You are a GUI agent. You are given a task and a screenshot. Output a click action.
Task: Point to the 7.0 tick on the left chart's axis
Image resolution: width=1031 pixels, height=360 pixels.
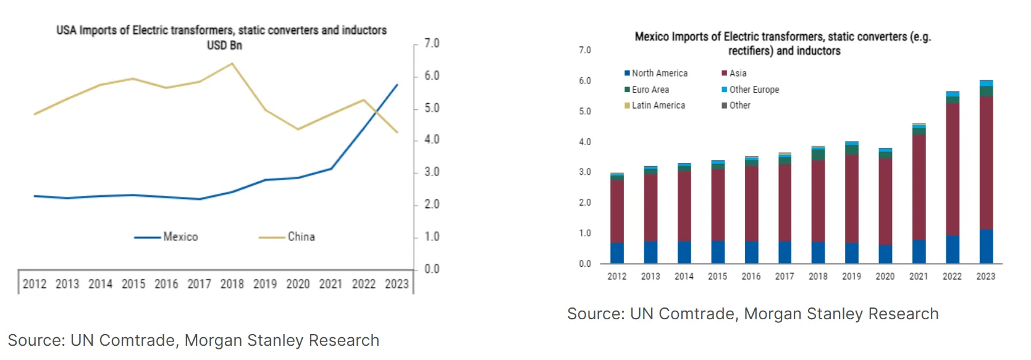pos(431,43)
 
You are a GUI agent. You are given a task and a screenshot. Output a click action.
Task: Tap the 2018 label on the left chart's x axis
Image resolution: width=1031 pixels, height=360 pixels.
pos(232,284)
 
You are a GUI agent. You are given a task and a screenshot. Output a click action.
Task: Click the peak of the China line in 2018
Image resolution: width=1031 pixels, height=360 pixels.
pos(232,64)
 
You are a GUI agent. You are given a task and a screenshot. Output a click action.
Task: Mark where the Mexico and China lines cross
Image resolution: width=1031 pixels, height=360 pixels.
pos(376,112)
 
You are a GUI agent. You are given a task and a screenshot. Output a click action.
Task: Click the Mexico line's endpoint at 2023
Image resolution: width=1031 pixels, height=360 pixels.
pos(397,85)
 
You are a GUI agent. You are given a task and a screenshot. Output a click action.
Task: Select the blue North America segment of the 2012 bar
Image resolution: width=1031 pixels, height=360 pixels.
pos(616,253)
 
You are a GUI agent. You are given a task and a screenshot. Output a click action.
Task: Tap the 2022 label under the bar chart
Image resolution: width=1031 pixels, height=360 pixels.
pos(952,277)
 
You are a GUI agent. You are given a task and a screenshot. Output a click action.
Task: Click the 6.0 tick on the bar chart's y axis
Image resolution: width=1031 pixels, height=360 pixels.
pos(584,81)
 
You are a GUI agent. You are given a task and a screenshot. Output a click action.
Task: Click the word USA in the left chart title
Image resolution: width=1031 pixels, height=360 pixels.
pos(67,30)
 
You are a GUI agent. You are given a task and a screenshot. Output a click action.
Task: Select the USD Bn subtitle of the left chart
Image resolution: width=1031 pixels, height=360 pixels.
pos(224,46)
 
